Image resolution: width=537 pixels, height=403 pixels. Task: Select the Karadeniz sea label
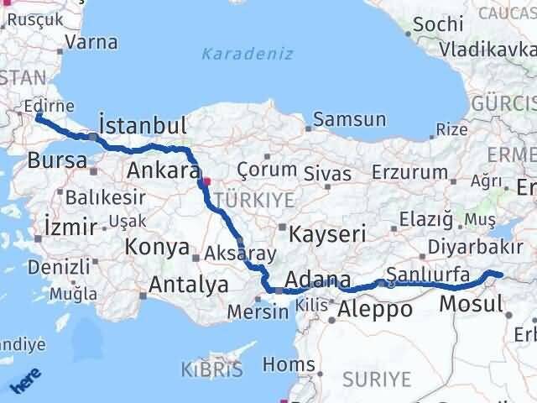(247, 55)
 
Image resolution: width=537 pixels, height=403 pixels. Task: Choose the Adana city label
(317, 279)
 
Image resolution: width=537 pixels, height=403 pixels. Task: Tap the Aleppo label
(374, 310)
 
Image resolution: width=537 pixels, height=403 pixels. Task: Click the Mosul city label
(470, 303)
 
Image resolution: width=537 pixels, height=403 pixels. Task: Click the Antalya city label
(188, 285)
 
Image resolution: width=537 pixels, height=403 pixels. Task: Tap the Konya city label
(157, 247)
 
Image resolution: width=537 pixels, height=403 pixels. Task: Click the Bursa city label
(57, 160)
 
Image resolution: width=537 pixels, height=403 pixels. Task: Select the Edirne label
(50, 107)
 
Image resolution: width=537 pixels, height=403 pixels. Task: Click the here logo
(26, 379)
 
